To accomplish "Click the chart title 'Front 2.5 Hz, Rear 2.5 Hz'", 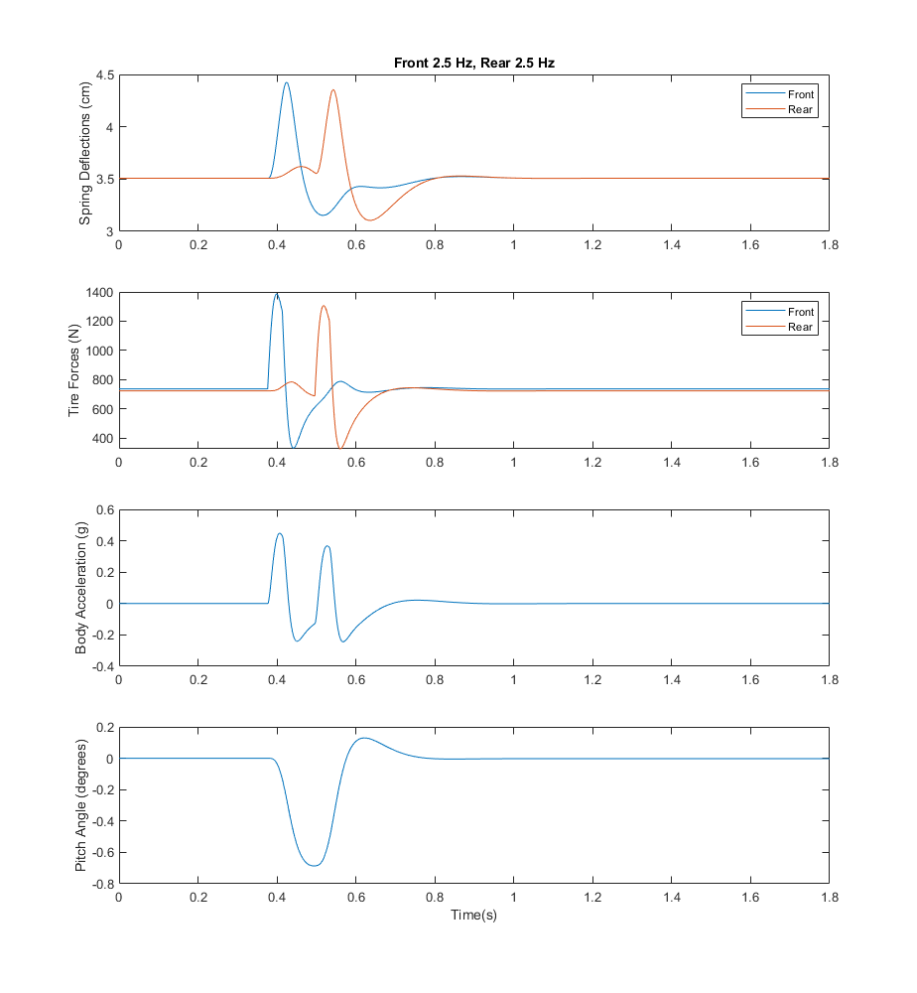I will [474, 63].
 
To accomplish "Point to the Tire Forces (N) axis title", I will [75, 370].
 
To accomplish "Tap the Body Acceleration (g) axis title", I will [81, 587].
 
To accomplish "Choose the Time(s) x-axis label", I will [474, 915].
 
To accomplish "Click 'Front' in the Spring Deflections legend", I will [801, 94].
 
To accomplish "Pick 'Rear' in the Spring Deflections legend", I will [801, 109].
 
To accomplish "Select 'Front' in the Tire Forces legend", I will [801, 312].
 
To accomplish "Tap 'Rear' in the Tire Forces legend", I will [801, 327].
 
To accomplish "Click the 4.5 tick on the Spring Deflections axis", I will [103, 75].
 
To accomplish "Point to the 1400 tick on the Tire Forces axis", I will [97, 293].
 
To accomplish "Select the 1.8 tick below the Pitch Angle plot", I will [830, 897].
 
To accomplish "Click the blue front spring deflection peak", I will [287, 82].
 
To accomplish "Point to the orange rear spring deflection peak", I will [333, 89].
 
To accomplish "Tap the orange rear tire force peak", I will [324, 306].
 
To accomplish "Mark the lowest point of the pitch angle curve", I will [315, 866].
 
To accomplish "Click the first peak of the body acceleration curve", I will [280, 533].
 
